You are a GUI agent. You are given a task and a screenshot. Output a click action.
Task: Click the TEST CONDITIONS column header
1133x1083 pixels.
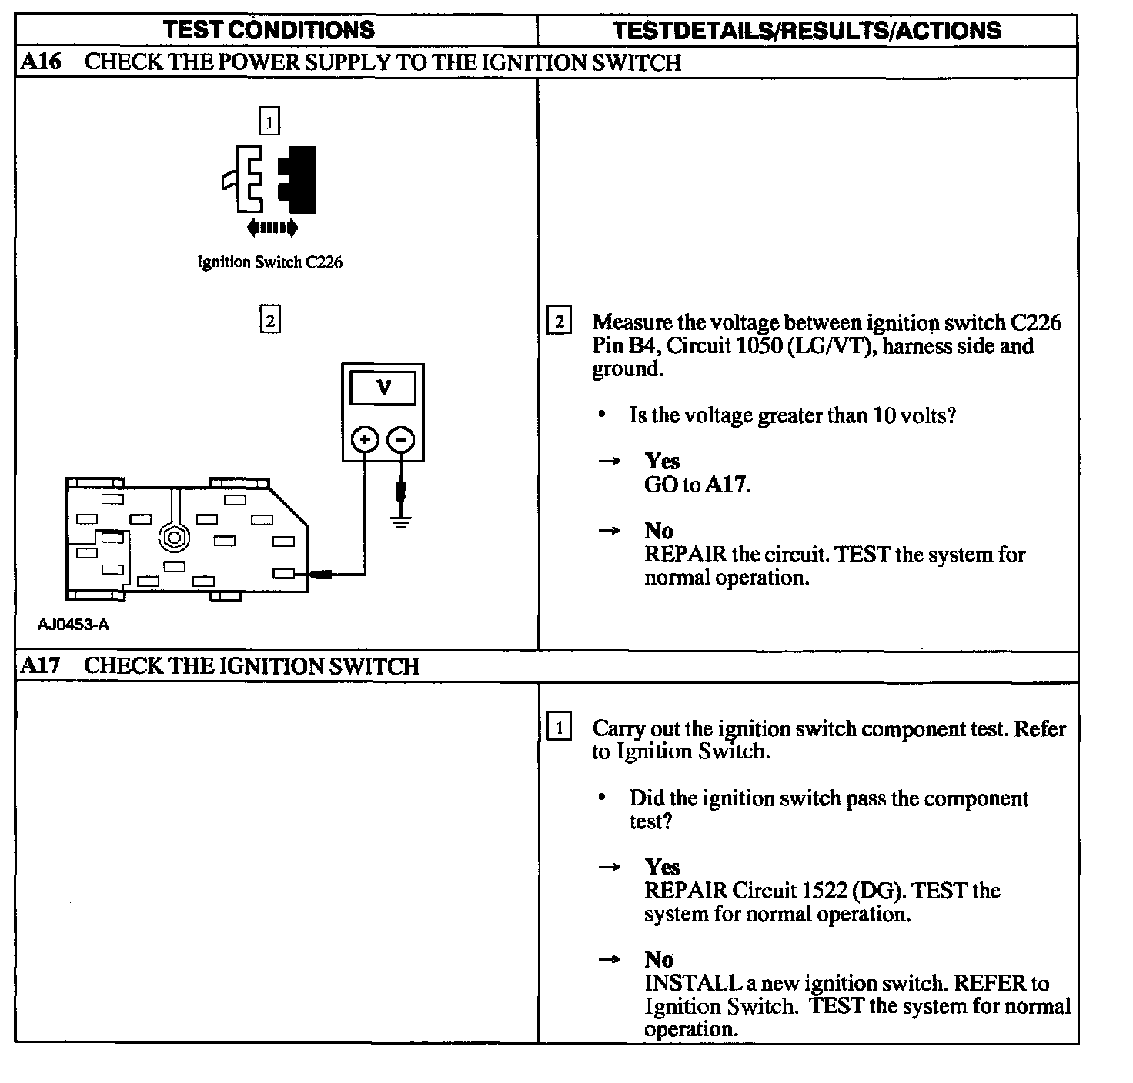[x=269, y=30]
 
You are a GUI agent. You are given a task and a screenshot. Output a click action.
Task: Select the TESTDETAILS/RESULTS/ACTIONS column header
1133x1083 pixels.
[x=807, y=30]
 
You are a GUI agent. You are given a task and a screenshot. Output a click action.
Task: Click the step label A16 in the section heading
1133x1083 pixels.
[x=40, y=62]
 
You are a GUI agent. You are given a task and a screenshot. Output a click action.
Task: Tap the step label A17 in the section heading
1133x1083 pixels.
[x=40, y=665]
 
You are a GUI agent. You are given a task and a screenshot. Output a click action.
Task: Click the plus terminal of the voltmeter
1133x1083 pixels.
[x=365, y=440]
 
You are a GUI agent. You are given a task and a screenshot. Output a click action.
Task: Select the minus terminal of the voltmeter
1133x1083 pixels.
[x=400, y=440]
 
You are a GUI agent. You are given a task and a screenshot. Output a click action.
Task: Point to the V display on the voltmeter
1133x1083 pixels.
[x=383, y=388]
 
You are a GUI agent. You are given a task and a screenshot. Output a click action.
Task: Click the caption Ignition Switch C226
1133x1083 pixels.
[x=269, y=262]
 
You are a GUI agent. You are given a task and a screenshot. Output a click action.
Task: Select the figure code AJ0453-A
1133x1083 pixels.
[x=73, y=625]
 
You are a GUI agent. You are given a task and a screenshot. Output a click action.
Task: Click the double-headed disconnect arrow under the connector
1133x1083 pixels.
[x=272, y=227]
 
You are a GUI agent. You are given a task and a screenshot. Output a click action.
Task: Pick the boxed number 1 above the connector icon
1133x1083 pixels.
[x=269, y=122]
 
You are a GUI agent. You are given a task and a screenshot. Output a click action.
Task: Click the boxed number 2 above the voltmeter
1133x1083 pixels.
[x=269, y=318]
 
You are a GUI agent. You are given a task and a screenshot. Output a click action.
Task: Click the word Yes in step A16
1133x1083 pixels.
[x=662, y=461]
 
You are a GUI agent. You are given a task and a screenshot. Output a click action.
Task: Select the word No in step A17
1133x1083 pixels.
[x=659, y=959]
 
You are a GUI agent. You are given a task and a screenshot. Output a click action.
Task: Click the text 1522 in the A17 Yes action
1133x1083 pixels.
[x=824, y=891]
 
